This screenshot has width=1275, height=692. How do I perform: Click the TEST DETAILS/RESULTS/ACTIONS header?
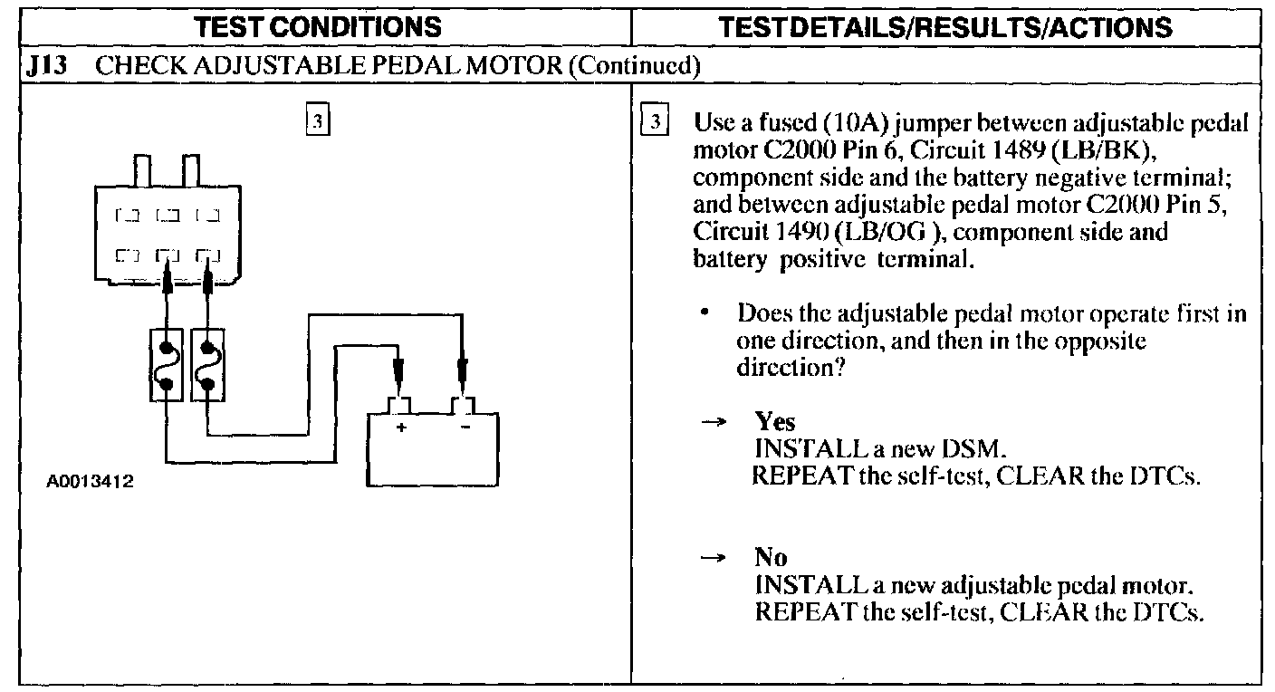pyautogui.click(x=946, y=26)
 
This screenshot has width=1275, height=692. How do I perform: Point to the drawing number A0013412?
pyautogui.click(x=90, y=481)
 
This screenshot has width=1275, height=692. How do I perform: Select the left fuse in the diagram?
pyautogui.click(x=167, y=365)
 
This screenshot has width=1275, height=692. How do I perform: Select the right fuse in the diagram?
pyautogui.click(x=207, y=365)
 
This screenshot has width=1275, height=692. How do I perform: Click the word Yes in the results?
pyautogui.click(x=775, y=422)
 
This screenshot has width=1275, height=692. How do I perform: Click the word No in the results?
pyautogui.click(x=771, y=557)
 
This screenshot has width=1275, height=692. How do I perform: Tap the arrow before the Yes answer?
pyautogui.click(x=714, y=423)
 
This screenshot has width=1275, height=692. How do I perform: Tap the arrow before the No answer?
pyautogui.click(x=714, y=558)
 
